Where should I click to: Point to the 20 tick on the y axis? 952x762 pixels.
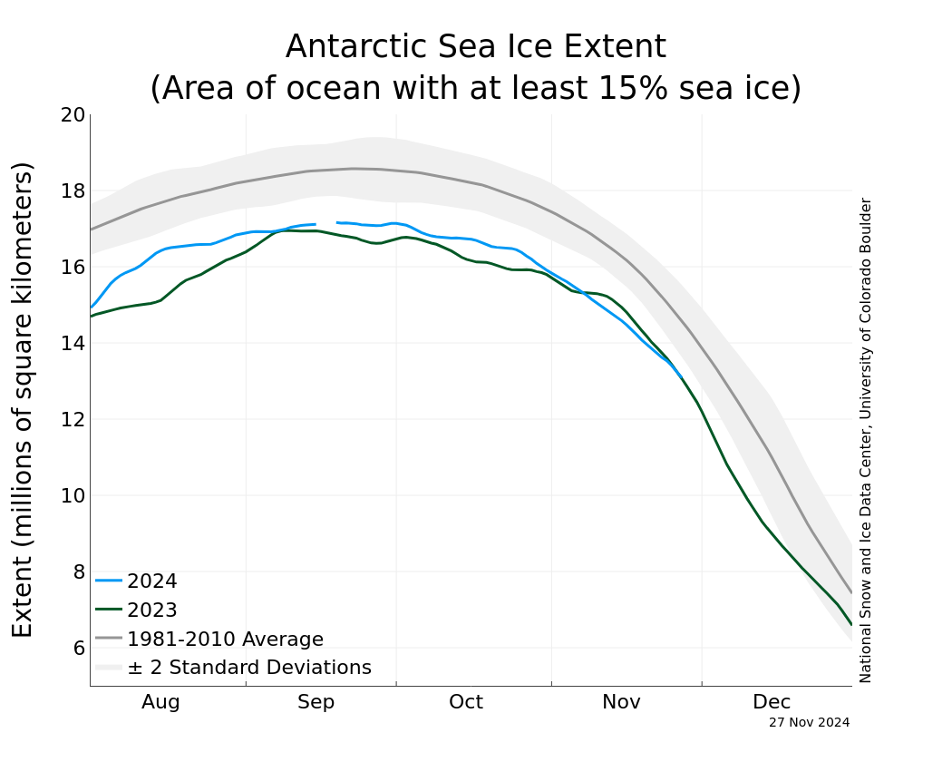73,115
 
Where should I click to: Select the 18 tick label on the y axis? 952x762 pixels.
73,191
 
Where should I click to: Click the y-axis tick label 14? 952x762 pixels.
73,343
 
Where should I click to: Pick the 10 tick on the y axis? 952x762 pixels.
73,495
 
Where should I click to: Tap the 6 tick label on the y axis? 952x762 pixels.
79,648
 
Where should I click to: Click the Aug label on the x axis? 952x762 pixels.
160,702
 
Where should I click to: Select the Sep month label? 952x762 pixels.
316,702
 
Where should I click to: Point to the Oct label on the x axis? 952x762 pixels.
466,702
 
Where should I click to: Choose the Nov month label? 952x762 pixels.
621,702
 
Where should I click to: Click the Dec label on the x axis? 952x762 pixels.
772,702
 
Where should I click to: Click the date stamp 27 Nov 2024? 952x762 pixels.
809,723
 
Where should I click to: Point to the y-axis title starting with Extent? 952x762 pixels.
23,399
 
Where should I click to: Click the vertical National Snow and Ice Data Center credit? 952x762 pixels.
866,440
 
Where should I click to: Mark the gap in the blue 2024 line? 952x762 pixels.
326,223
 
